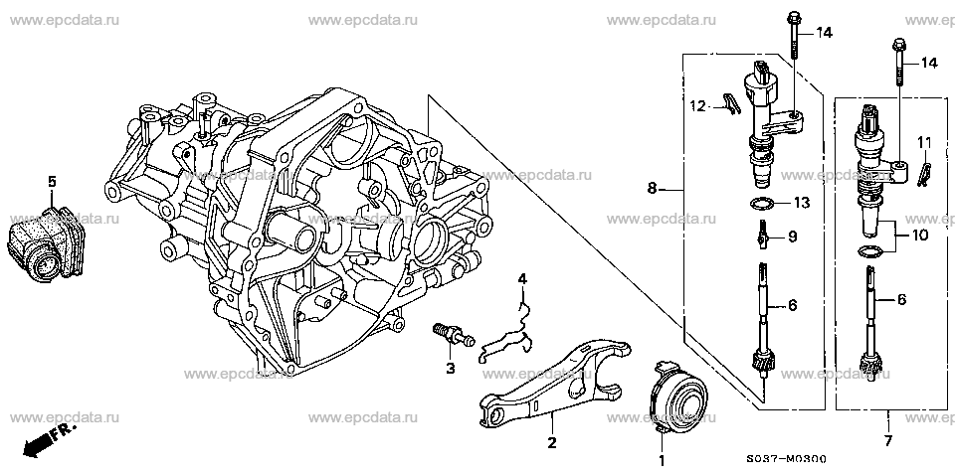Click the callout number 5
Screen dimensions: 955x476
pyautogui.click(x=52, y=182)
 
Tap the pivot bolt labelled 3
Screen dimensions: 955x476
pyautogui.click(x=452, y=336)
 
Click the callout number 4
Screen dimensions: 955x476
pyautogui.click(x=522, y=279)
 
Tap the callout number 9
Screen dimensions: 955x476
pyautogui.click(x=792, y=237)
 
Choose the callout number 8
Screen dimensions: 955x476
pyautogui.click(x=652, y=189)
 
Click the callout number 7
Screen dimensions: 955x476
pyautogui.click(x=887, y=440)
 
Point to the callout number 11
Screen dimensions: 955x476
pyautogui.click(x=924, y=144)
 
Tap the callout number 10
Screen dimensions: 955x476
pyautogui.click(x=919, y=235)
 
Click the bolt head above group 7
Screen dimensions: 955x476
pyautogui.click(x=899, y=45)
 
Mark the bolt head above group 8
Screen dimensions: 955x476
pyautogui.click(x=793, y=17)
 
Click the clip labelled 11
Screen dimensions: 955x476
pyautogui.click(x=923, y=171)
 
